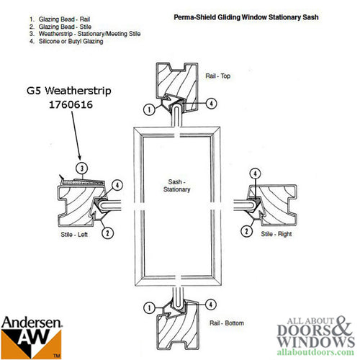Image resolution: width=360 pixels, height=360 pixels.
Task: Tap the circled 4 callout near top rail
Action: pos(211,104)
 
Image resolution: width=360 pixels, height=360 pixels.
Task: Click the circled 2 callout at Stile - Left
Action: pos(107,232)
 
